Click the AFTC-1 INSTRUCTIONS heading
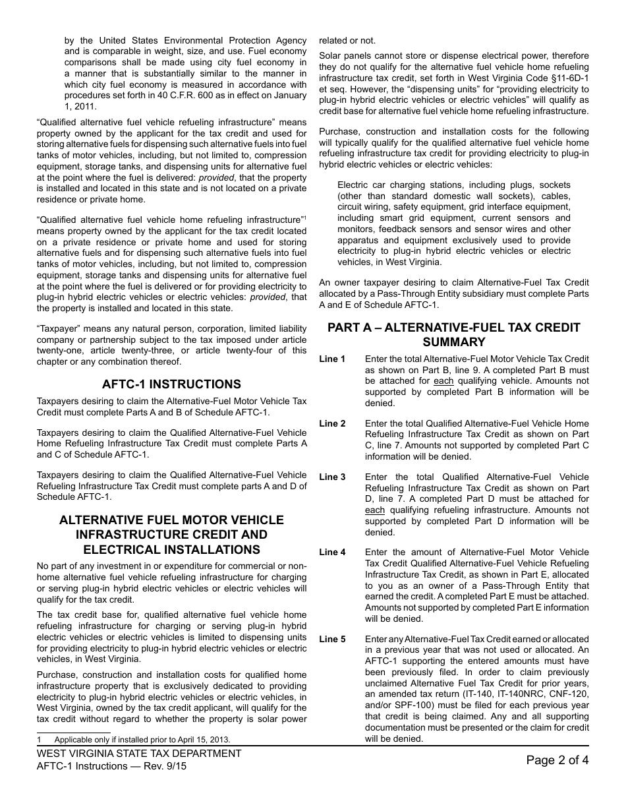171,384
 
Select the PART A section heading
453,334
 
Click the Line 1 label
332,359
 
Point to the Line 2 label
332,424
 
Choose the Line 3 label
332,477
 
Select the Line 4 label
332,553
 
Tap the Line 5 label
332,640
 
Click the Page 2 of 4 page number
557,760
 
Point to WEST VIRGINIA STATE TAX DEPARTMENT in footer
139,754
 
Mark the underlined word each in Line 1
443,381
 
